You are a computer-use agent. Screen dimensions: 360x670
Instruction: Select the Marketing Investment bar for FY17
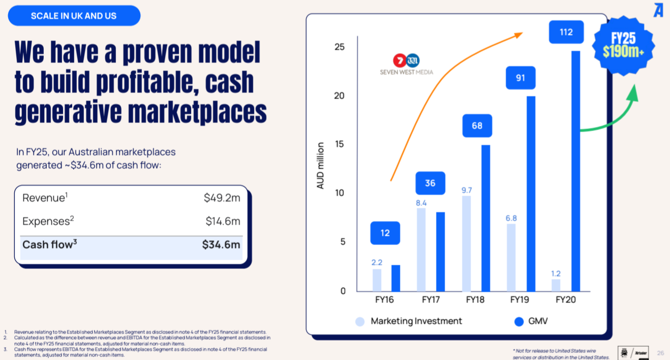click(x=421, y=249)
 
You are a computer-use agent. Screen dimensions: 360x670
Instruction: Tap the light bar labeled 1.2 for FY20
click(x=556, y=285)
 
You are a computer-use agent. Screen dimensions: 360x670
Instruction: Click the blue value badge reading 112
click(x=566, y=32)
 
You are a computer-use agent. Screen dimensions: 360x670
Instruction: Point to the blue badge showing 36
click(x=430, y=183)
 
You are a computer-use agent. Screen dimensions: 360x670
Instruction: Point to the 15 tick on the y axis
click(x=339, y=144)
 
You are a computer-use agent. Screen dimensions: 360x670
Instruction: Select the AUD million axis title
click(x=320, y=166)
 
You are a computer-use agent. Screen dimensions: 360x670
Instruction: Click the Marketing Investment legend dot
click(x=360, y=321)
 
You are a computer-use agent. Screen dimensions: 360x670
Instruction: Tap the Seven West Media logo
click(x=406, y=64)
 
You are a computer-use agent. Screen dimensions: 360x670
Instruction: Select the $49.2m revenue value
click(x=222, y=198)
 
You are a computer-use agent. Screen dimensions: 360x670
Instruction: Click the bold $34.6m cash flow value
click(x=221, y=245)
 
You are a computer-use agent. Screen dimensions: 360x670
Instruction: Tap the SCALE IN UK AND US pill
click(x=74, y=16)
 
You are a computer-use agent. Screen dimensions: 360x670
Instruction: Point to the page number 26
click(x=660, y=353)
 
